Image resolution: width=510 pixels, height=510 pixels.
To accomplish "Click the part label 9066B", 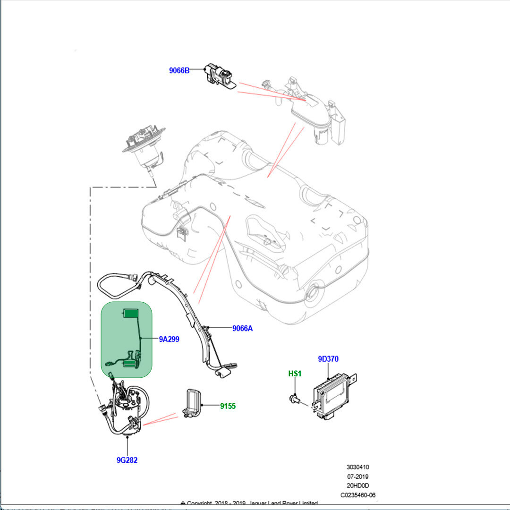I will [179, 71].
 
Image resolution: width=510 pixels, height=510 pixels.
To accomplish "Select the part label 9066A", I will [242, 328].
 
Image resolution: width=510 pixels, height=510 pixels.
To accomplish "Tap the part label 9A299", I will [169, 339].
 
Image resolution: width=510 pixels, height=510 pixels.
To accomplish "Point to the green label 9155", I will [228, 406].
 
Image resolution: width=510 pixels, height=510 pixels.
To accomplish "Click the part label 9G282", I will [127, 460].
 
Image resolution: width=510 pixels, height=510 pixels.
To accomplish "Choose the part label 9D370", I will [328, 359].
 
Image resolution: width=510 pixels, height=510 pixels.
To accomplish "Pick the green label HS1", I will [295, 374].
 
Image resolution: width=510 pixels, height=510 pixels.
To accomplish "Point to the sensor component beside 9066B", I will [219, 75].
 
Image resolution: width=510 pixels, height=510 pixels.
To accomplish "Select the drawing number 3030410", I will [357, 467].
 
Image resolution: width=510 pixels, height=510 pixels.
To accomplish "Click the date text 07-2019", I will [357, 477].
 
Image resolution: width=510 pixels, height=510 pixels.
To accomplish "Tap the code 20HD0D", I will [357, 486].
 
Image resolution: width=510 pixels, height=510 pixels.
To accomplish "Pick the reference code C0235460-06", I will [358, 495].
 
